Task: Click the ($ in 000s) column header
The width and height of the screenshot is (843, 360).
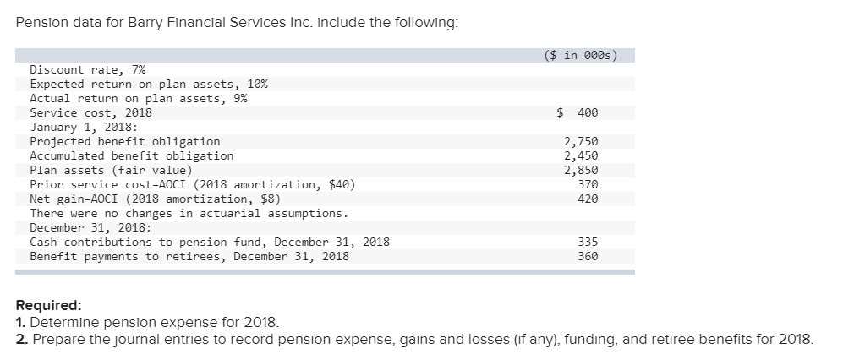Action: click(x=579, y=56)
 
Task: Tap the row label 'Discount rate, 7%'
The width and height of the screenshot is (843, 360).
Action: click(x=87, y=69)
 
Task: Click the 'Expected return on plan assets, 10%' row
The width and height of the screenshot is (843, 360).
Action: click(x=149, y=84)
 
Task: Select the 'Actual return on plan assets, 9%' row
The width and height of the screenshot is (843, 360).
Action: click(x=138, y=98)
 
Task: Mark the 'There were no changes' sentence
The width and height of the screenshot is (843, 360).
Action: click(x=189, y=213)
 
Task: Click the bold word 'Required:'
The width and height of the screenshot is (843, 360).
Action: click(x=48, y=306)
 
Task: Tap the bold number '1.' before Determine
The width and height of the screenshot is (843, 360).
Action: click(x=20, y=323)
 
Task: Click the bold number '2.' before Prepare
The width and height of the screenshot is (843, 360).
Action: click(x=21, y=340)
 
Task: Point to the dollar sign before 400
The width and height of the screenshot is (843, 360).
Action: click(x=560, y=112)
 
